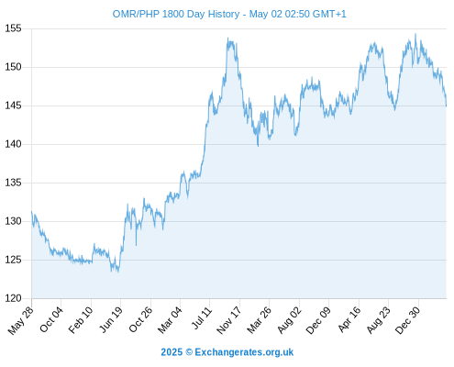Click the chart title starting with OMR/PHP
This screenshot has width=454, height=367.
(229, 14)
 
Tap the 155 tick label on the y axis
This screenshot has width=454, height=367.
(13, 28)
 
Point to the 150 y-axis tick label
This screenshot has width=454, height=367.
(13, 67)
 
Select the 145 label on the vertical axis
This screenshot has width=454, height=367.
(13, 106)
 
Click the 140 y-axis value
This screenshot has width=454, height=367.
(13, 144)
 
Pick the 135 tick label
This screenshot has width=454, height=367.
(13, 183)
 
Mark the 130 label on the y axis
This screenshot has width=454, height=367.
(13, 221)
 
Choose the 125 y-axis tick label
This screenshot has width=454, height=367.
(13, 260)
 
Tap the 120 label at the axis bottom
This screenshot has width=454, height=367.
(13, 298)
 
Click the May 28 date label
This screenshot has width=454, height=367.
(20, 320)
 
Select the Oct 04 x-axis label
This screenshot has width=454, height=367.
(51, 319)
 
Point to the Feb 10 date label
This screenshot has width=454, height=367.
(81, 319)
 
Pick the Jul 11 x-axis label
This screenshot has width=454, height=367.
(202, 317)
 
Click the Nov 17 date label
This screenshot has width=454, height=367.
(228, 320)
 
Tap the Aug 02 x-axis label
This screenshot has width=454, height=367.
(289, 320)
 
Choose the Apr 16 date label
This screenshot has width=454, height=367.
(349, 319)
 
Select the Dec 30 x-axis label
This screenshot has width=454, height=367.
(408, 320)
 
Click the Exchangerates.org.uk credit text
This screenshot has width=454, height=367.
(244, 352)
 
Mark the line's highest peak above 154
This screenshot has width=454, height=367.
(415, 34)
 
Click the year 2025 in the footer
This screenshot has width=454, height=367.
(172, 352)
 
